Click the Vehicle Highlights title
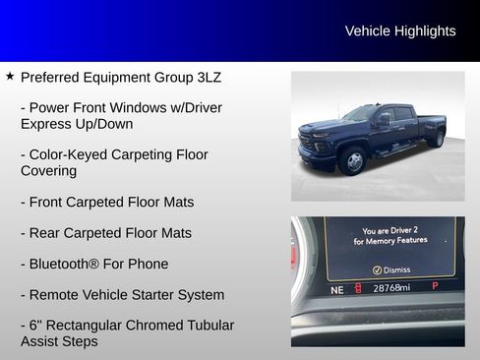400,31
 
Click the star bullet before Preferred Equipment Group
10,76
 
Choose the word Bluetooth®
69,264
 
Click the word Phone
149,264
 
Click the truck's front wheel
352,160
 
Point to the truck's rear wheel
435,139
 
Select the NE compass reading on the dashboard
337,289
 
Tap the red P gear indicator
435,286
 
